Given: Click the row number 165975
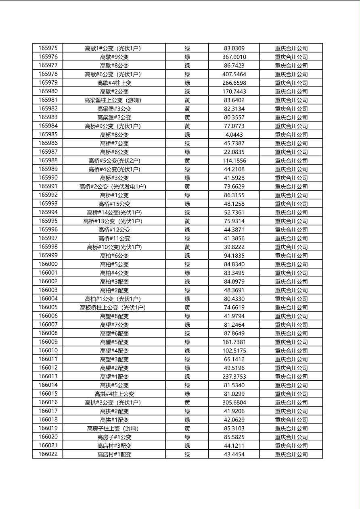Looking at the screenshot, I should pyautogui.click(x=48, y=48).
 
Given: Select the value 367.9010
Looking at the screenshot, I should pyautogui.click(x=234, y=57).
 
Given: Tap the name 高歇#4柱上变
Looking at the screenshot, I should pyautogui.click(x=114, y=83).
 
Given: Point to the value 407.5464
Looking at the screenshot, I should pyautogui.click(x=234, y=74).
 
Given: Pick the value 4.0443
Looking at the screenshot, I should pyautogui.click(x=234, y=135).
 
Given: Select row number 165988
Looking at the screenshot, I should pyautogui.click(x=48, y=161).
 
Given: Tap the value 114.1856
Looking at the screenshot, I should pyautogui.click(x=234, y=161).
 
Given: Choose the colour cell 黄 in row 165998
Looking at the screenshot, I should pyautogui.click(x=187, y=247).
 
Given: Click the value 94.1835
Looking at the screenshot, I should pyautogui.click(x=234, y=256).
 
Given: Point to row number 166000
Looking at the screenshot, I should pyautogui.click(x=48, y=264).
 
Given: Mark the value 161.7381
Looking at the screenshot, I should pyautogui.click(x=234, y=342).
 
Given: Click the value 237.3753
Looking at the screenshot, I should pyautogui.click(x=234, y=377).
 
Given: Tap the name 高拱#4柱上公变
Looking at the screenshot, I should pyautogui.click(x=114, y=394).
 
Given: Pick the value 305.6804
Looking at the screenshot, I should pyautogui.click(x=234, y=403).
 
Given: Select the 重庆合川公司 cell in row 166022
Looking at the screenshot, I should pyautogui.click(x=291, y=454).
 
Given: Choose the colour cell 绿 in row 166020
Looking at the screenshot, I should pyautogui.click(x=187, y=437).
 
